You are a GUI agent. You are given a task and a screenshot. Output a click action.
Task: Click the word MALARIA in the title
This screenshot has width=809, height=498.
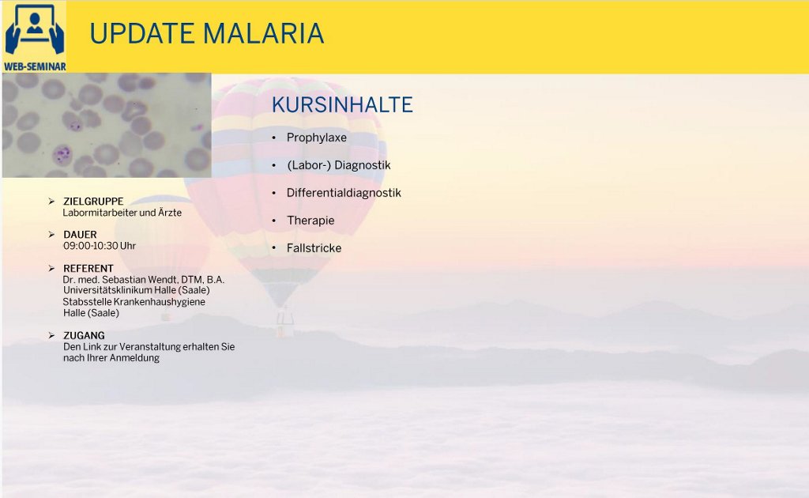tap(263, 33)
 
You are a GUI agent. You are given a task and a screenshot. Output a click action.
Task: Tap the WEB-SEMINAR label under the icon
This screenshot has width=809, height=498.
tap(35, 66)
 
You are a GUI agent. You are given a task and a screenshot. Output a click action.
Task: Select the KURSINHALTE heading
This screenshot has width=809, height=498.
tap(342, 105)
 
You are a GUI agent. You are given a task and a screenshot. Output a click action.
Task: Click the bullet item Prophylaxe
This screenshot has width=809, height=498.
tap(316, 138)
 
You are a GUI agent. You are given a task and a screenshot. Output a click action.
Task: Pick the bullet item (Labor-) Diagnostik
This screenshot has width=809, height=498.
tap(338, 165)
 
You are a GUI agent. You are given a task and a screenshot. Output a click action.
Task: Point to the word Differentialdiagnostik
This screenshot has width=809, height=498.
tap(344, 193)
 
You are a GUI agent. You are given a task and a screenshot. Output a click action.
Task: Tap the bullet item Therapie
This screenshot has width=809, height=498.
tap(310, 221)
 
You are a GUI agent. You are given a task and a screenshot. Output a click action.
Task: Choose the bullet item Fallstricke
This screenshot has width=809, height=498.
tap(314, 248)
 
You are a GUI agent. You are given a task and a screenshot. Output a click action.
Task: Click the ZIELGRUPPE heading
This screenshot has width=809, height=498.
tap(93, 202)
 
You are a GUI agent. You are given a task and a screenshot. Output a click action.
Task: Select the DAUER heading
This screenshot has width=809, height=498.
tap(80, 235)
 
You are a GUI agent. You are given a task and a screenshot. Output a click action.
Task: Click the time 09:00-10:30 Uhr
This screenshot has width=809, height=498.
tap(100, 246)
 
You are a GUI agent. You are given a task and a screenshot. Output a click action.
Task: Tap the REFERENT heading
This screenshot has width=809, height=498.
tap(88, 268)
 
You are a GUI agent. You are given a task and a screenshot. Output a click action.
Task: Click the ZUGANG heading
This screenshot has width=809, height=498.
tap(84, 335)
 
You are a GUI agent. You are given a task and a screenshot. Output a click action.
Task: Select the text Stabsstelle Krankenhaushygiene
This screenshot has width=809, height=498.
tap(134, 302)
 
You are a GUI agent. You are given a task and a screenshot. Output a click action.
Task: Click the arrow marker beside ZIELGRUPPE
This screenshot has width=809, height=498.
tap(51, 202)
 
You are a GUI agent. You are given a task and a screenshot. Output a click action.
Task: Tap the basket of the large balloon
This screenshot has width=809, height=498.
tap(284, 325)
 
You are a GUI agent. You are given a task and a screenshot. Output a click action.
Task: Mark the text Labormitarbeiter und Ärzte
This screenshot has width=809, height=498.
tap(122, 213)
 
